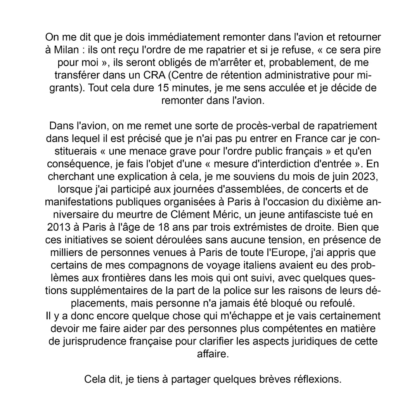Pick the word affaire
(213, 354)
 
